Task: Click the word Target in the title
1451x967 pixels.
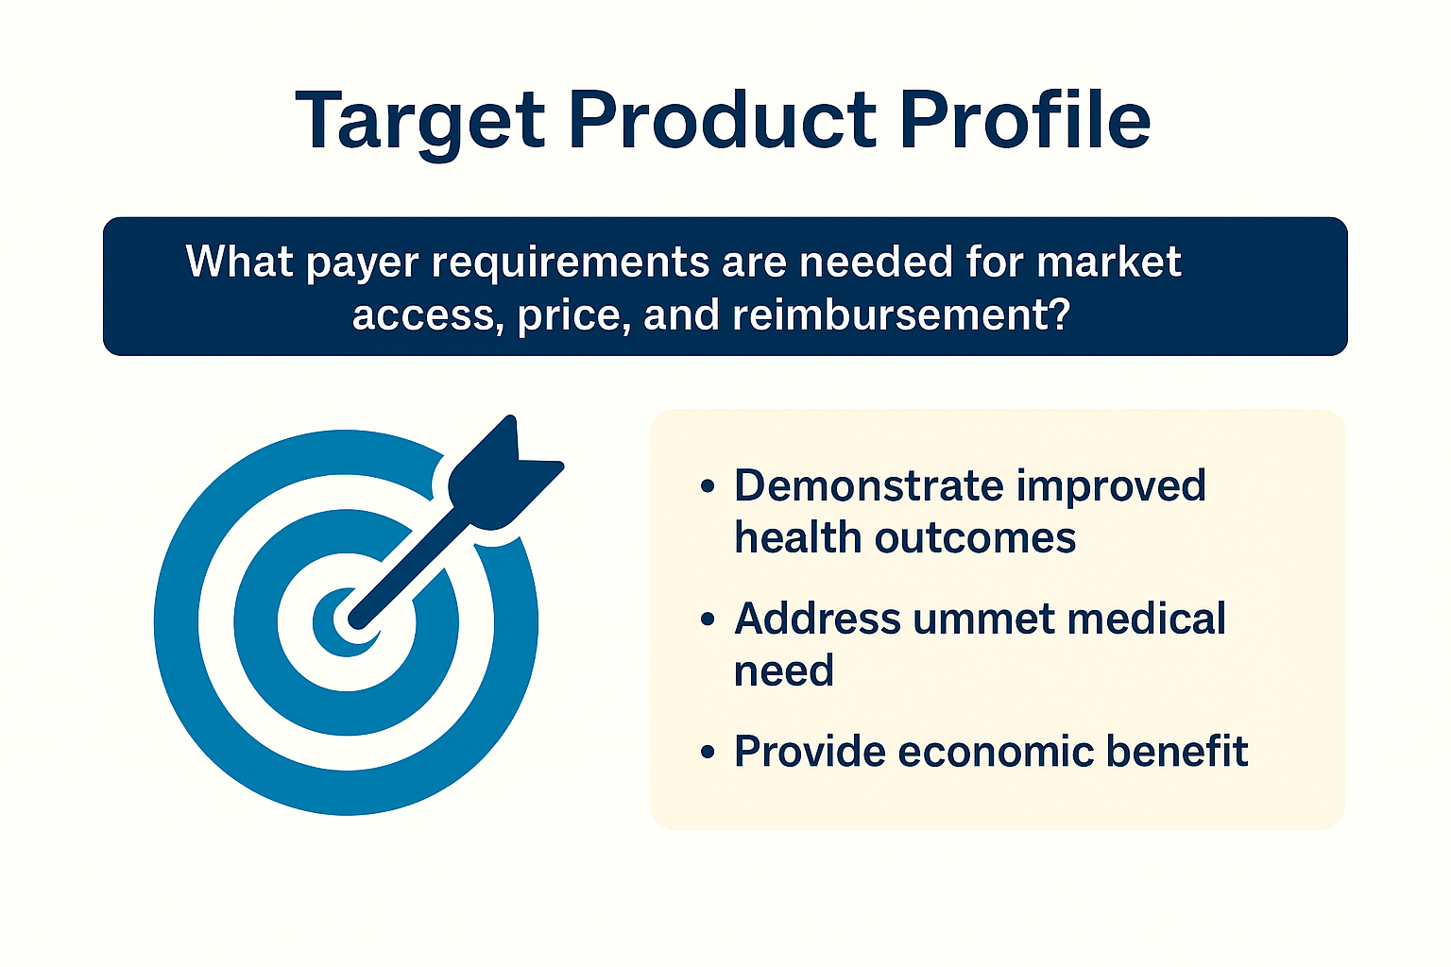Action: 419,123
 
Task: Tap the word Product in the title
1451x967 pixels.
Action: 723,120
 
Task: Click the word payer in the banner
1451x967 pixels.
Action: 362,264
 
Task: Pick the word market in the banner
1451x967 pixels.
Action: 1109,262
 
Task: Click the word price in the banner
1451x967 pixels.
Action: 574,316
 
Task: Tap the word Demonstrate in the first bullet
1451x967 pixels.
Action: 868,485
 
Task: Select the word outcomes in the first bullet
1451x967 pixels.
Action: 975,539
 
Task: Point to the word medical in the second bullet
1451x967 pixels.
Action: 1147,618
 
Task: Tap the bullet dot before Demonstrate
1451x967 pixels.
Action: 708,487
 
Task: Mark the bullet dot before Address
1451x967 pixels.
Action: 708,619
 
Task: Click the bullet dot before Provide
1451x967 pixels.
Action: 708,752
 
